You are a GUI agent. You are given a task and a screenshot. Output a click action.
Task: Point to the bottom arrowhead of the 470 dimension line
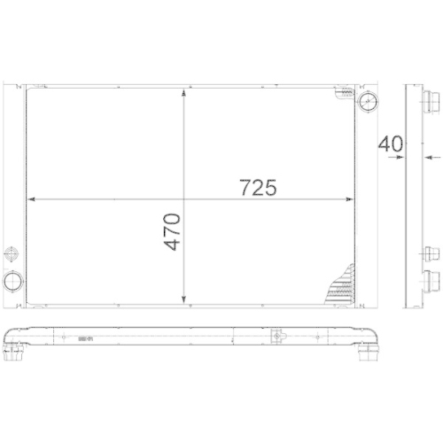[183, 299]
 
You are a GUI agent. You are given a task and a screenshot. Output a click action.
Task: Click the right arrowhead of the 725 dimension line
[354, 198]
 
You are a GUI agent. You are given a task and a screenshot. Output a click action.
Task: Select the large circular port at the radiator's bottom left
[14, 283]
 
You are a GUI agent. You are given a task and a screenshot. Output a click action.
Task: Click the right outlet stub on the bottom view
[366, 349]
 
